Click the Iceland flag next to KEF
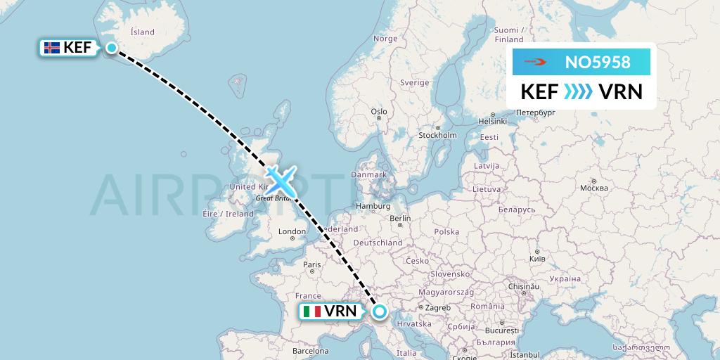tap(52, 48)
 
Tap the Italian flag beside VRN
tap(311, 311)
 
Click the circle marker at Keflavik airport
tap(112, 47)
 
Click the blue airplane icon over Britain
tap(281, 181)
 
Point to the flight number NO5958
tap(598, 63)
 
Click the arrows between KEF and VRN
tap(578, 92)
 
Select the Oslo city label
tap(379, 111)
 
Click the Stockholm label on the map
tap(437, 135)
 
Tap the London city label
tap(292, 232)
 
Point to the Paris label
tap(312, 265)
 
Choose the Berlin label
tap(400, 219)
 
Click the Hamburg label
tap(373, 206)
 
